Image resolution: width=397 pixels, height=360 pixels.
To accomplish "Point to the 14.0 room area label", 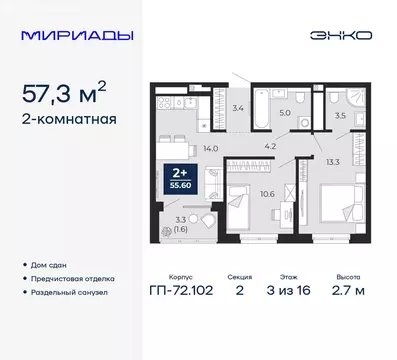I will pyautogui.click(x=181, y=147).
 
